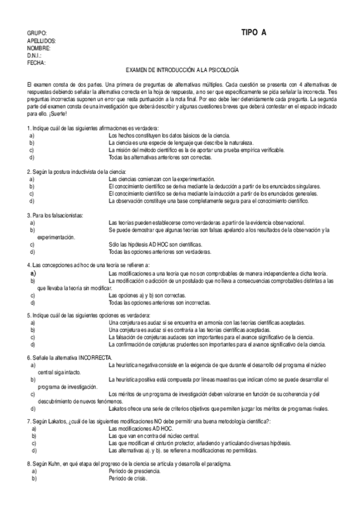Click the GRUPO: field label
point(37,33)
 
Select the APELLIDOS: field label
point(41,40)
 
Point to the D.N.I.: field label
point(34,55)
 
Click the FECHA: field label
point(36,62)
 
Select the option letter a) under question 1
point(31,136)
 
